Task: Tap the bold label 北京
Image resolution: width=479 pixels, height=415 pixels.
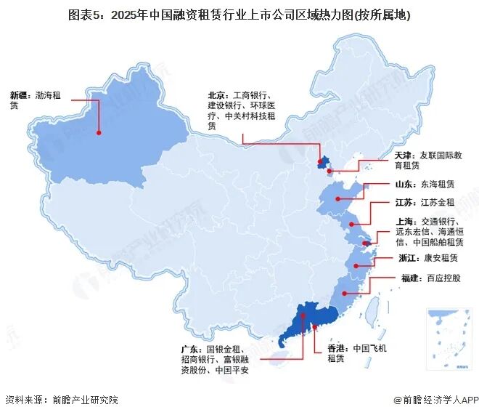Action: (216, 94)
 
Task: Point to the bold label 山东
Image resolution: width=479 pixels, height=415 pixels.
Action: (404, 186)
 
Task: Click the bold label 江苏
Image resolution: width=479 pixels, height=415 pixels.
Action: (404, 206)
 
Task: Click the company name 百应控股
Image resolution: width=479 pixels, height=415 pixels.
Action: (445, 278)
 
